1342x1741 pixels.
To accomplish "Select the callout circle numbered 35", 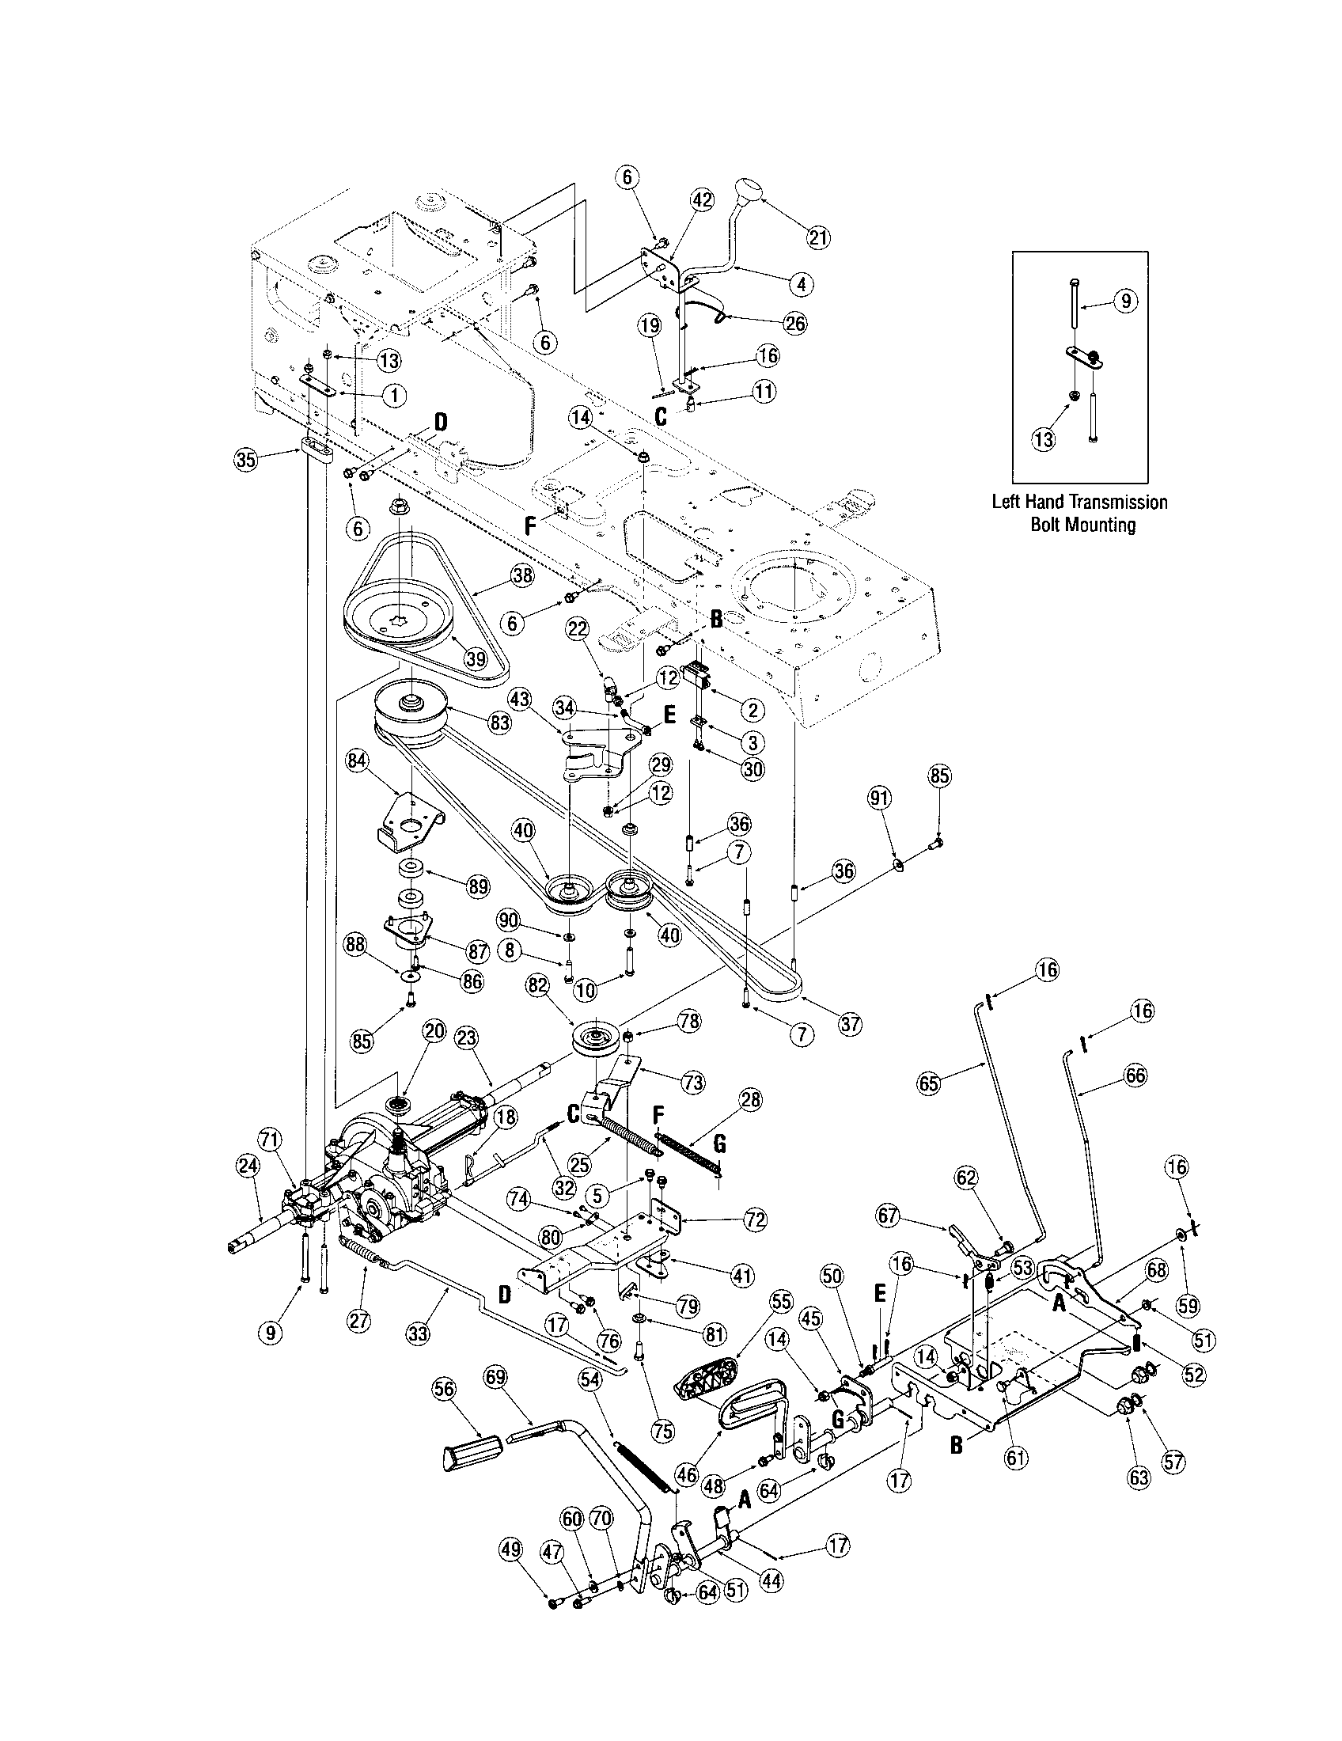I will [x=248, y=459].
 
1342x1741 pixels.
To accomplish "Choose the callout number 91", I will [x=880, y=798].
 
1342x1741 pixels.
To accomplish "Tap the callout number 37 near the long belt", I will [x=851, y=1022].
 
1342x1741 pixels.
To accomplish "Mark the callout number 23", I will [x=467, y=1037].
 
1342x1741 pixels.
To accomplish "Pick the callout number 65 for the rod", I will [x=930, y=1082].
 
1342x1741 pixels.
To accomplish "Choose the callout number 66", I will [x=1135, y=1075].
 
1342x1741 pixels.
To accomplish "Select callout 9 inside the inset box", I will [x=1124, y=302].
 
